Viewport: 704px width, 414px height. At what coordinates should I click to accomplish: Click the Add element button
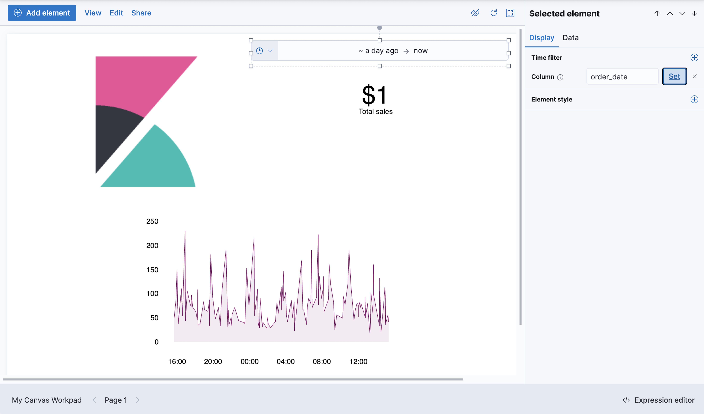pyautogui.click(x=42, y=13)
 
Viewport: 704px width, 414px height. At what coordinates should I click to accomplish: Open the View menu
pyautogui.click(x=93, y=13)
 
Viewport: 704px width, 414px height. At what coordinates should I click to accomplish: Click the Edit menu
pyautogui.click(x=116, y=13)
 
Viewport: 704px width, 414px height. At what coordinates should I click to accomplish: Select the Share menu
pyautogui.click(x=141, y=13)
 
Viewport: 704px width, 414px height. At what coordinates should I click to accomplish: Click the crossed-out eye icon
pyautogui.click(x=475, y=13)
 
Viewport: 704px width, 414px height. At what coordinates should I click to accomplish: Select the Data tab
pyautogui.click(x=570, y=38)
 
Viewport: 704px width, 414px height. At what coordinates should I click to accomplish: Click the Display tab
pyautogui.click(x=541, y=38)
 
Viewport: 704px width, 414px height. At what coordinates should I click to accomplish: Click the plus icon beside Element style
pyautogui.click(x=694, y=99)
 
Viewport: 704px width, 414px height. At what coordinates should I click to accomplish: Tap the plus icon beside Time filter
pyautogui.click(x=694, y=58)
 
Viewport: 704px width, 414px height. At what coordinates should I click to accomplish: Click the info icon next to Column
pyautogui.click(x=560, y=77)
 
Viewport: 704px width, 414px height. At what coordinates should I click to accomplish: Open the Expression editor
pyautogui.click(x=659, y=400)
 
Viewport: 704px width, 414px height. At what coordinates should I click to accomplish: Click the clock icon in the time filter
pyautogui.click(x=260, y=51)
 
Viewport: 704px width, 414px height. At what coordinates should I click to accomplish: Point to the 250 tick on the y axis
pyautogui.click(x=152, y=221)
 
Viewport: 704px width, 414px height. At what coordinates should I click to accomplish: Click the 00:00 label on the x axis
pyautogui.click(x=249, y=361)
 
